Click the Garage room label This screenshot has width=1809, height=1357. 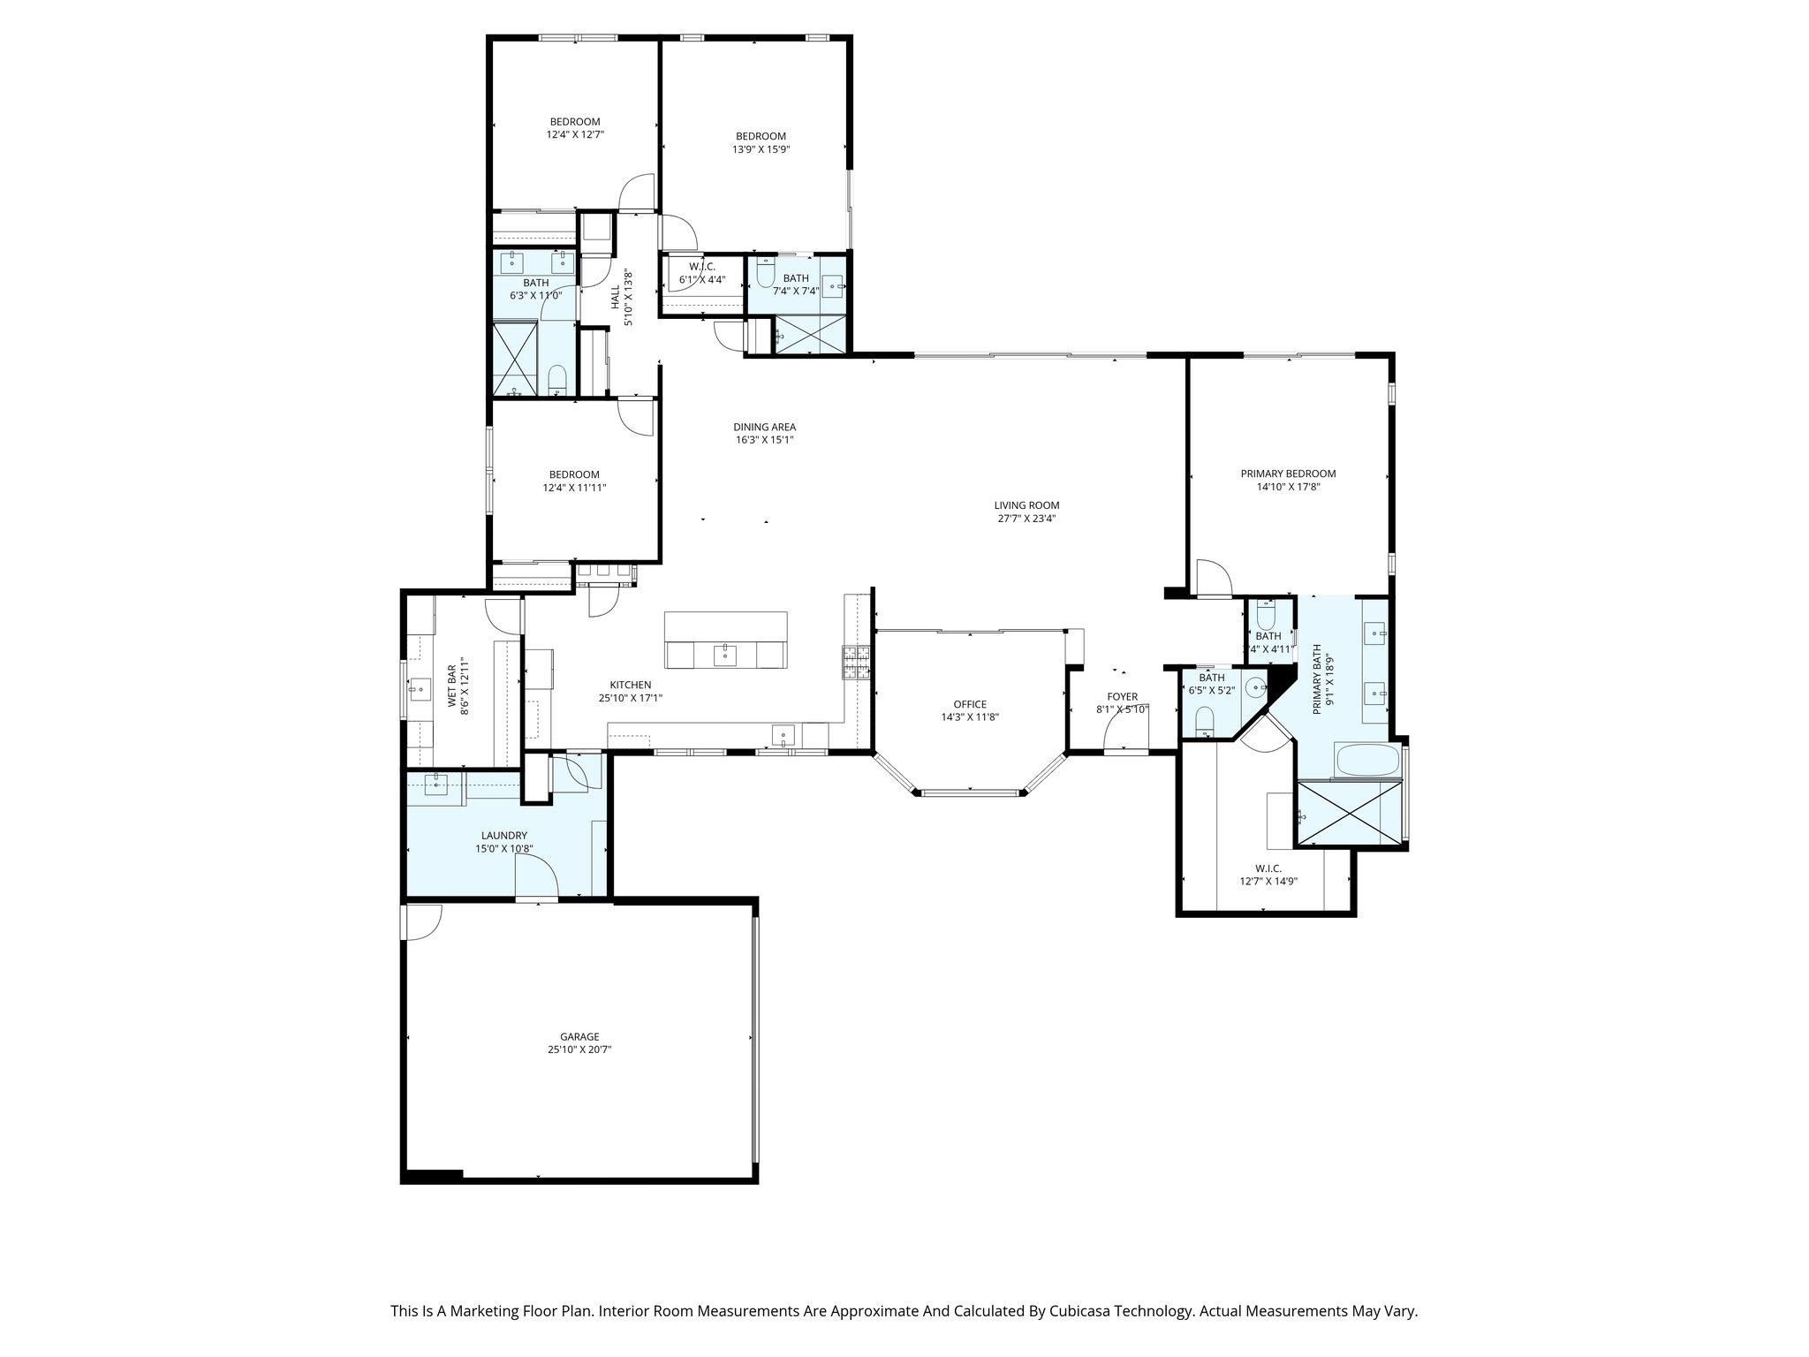pos(579,1036)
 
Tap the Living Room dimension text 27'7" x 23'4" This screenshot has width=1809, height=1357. pos(1026,519)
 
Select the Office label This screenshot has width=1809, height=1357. pos(969,704)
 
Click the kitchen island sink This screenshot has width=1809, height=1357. pos(724,655)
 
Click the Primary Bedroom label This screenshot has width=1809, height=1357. pos(1288,474)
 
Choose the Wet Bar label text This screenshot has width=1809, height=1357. pos(451,685)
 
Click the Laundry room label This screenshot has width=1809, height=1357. pos(503,835)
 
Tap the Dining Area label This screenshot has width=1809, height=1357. pos(764,427)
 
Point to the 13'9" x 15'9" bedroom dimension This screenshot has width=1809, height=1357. pos(761,149)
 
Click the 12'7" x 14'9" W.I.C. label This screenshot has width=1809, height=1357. pos(1268,868)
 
